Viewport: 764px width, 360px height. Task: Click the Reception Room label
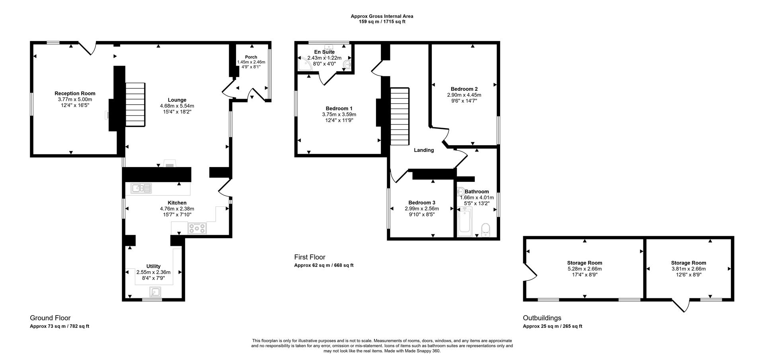75,93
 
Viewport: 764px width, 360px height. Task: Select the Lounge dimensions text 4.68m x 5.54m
177,106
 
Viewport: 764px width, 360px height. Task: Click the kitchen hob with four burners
197,228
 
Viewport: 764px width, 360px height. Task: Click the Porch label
251,57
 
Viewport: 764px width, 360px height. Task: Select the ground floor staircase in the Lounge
135,104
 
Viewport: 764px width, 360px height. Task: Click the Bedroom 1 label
339,108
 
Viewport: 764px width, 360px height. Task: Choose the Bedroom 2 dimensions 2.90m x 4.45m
464,95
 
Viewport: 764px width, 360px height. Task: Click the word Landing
424,150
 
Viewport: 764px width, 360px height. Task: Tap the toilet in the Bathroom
485,229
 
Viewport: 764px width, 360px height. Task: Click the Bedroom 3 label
422,202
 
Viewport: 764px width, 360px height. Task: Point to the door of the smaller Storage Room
681,306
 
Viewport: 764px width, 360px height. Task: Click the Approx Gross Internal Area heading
382,16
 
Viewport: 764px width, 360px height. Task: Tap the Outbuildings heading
542,318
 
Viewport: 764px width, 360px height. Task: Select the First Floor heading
310,257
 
